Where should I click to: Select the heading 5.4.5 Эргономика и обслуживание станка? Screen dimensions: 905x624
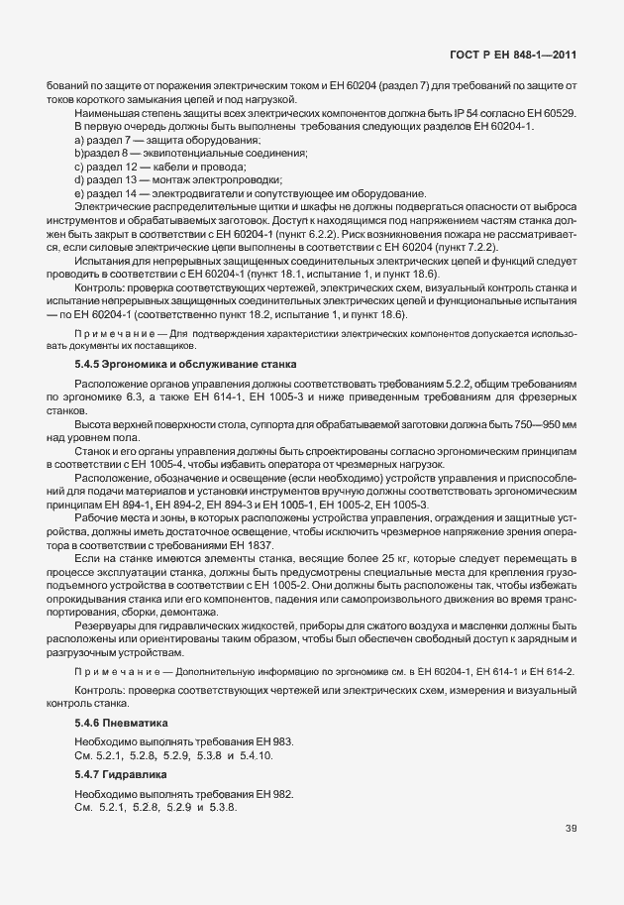point(186,366)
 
